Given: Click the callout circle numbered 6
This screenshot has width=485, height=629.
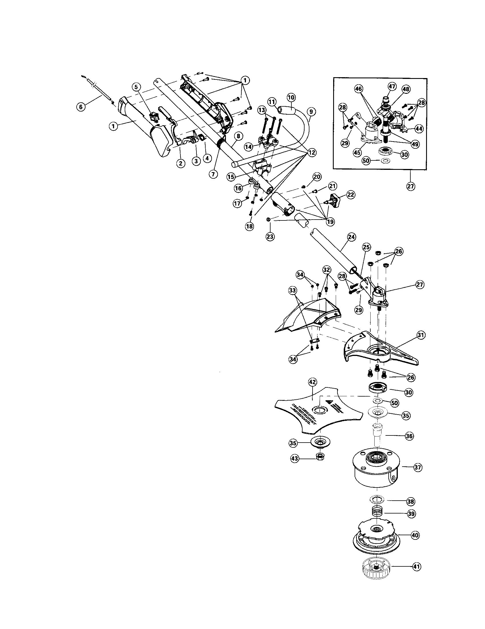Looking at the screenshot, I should tap(81, 107).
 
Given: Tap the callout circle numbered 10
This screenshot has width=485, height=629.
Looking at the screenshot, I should tap(291, 97).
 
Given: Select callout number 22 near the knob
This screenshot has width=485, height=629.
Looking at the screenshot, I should tap(351, 195).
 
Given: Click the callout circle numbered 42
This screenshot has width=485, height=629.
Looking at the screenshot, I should tap(312, 382).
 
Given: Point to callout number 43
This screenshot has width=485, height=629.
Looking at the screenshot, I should tap(294, 459).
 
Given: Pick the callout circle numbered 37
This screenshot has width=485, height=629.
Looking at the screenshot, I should tap(418, 467).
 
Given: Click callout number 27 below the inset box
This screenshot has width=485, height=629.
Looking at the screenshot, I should tap(410, 186).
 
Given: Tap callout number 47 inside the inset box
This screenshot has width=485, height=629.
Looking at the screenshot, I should tap(392, 86).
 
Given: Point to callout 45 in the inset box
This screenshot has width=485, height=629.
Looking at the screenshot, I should tap(357, 153).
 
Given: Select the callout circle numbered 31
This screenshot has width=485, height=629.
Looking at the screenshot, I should tap(421, 335).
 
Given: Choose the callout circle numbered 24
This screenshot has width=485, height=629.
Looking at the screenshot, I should tap(352, 237).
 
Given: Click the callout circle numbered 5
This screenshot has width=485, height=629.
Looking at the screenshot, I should tap(136, 86).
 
